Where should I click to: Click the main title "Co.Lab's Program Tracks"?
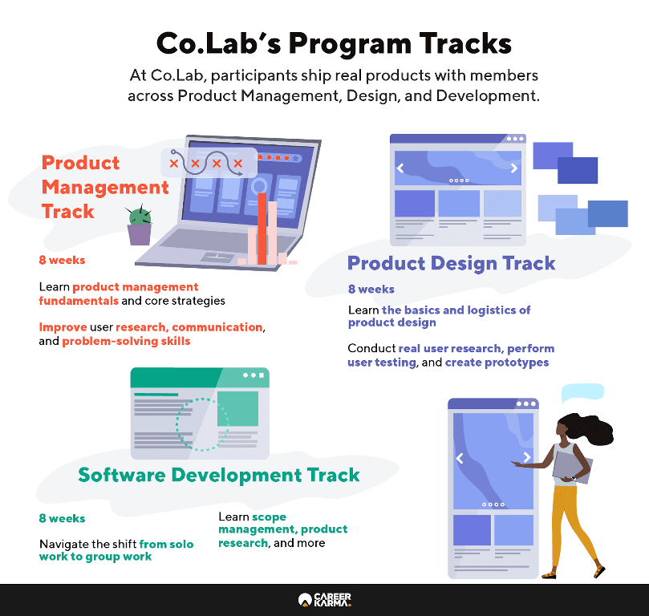334,44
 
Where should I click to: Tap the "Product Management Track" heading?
105,187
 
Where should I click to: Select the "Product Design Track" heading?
451,263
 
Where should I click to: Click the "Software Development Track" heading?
219,475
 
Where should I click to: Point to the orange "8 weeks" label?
62,260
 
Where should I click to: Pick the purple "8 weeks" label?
371,290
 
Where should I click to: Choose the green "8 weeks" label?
62,518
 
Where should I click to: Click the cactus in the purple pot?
140,225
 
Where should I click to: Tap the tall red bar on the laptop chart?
262,229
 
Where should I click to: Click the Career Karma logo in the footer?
325,599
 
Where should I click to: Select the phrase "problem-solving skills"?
126,342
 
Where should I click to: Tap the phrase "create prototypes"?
497,363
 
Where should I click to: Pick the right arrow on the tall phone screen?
527,457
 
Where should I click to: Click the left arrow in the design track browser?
400,168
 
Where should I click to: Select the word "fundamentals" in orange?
79,301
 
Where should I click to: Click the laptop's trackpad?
217,257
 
